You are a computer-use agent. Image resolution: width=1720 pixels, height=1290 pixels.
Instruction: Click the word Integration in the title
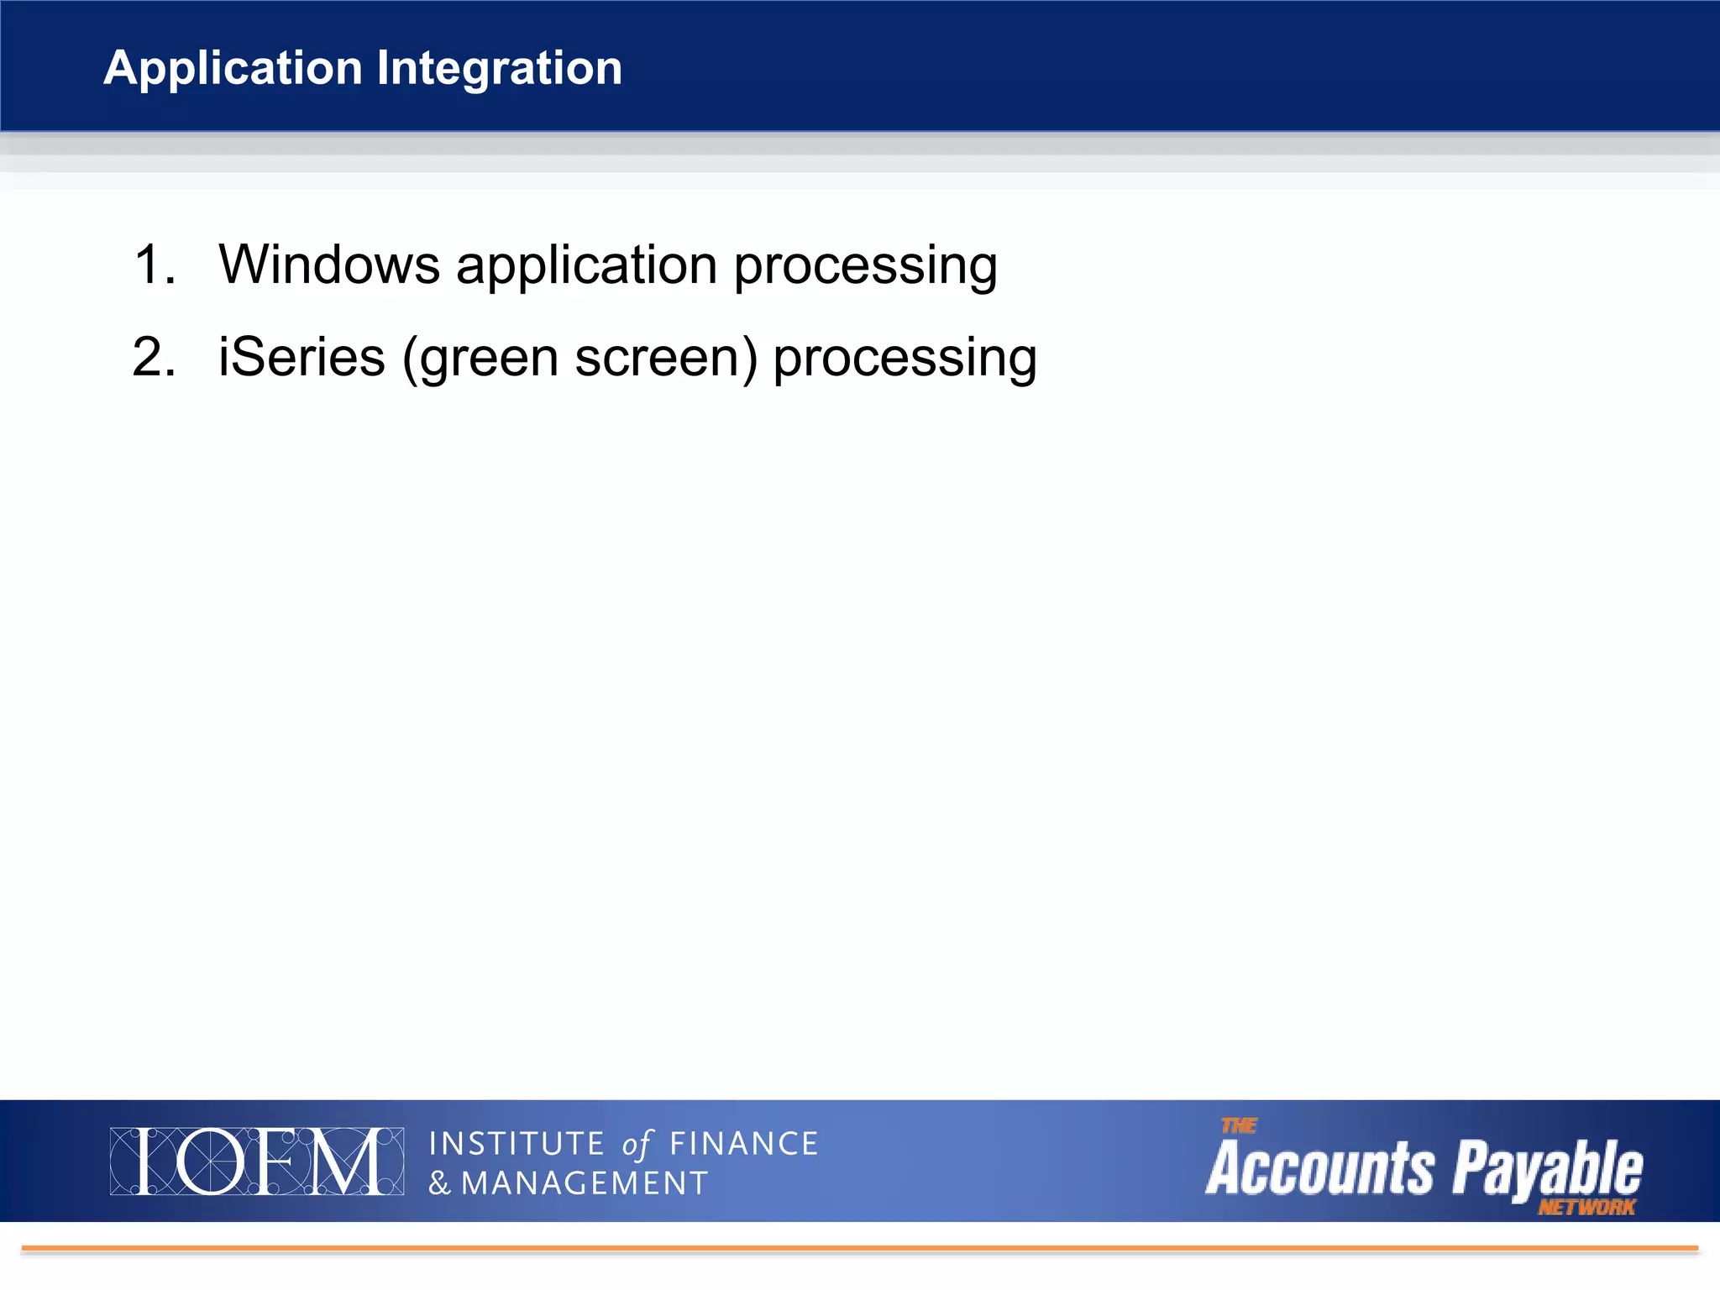pos(499,68)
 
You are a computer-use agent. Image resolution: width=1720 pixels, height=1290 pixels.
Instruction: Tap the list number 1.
pos(154,265)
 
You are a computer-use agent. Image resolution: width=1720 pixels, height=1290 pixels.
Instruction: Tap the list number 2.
pos(154,357)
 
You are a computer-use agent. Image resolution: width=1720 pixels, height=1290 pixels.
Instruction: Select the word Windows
pos(329,265)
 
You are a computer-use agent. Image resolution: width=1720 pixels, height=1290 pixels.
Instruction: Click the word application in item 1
pos(586,266)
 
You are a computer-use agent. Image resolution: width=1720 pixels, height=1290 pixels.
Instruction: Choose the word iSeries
pos(302,357)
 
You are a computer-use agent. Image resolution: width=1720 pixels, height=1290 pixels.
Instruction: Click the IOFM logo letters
pos(257,1162)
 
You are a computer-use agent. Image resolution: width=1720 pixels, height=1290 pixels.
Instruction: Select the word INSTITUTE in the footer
pos(517,1144)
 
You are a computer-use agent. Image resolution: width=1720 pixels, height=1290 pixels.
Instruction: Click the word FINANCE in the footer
pos(743,1144)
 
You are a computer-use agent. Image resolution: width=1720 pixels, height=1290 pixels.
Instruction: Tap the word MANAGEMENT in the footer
pos(585,1183)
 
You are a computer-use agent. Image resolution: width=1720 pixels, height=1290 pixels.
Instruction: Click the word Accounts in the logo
pos(1319,1168)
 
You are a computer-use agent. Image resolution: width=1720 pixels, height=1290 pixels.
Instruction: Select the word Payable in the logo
pos(1548,1168)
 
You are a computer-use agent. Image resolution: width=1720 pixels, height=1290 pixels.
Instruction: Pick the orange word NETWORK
pos(1586,1208)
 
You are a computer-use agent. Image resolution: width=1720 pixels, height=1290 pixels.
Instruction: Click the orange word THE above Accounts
pos(1239,1125)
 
